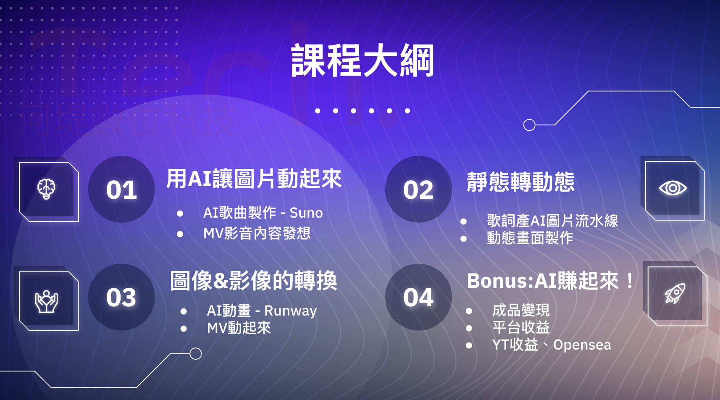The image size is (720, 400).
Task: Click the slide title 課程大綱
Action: (363, 61)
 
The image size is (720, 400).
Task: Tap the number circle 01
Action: (121, 189)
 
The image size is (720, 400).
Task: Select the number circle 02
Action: (418, 189)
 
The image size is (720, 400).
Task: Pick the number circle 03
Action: (121, 297)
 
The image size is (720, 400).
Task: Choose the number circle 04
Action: (418, 297)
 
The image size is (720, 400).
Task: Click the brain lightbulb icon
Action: (46, 189)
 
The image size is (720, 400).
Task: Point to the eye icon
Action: (673, 188)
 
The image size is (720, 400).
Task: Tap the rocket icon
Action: (675, 293)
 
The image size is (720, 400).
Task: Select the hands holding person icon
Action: (46, 302)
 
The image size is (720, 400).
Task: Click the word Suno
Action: (306, 213)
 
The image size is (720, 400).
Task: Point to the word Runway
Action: (291, 311)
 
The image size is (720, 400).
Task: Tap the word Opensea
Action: (582, 345)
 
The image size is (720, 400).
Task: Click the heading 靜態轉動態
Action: (520, 182)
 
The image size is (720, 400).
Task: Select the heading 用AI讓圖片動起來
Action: (254, 179)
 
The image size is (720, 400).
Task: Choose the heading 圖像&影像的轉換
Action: (253, 281)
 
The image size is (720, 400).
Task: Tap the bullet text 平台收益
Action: (521, 328)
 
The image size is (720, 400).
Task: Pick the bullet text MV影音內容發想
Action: (257, 234)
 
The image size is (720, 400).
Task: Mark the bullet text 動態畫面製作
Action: (530, 238)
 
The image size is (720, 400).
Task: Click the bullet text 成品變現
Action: (521, 310)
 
